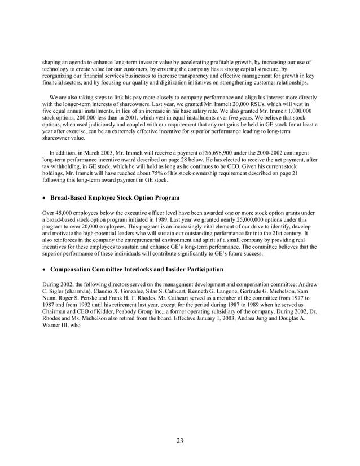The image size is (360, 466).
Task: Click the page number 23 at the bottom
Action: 179,441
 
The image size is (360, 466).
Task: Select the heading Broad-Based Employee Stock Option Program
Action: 115,198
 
